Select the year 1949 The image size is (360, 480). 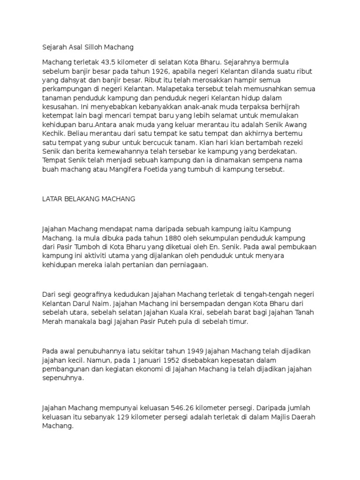(196, 351)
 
